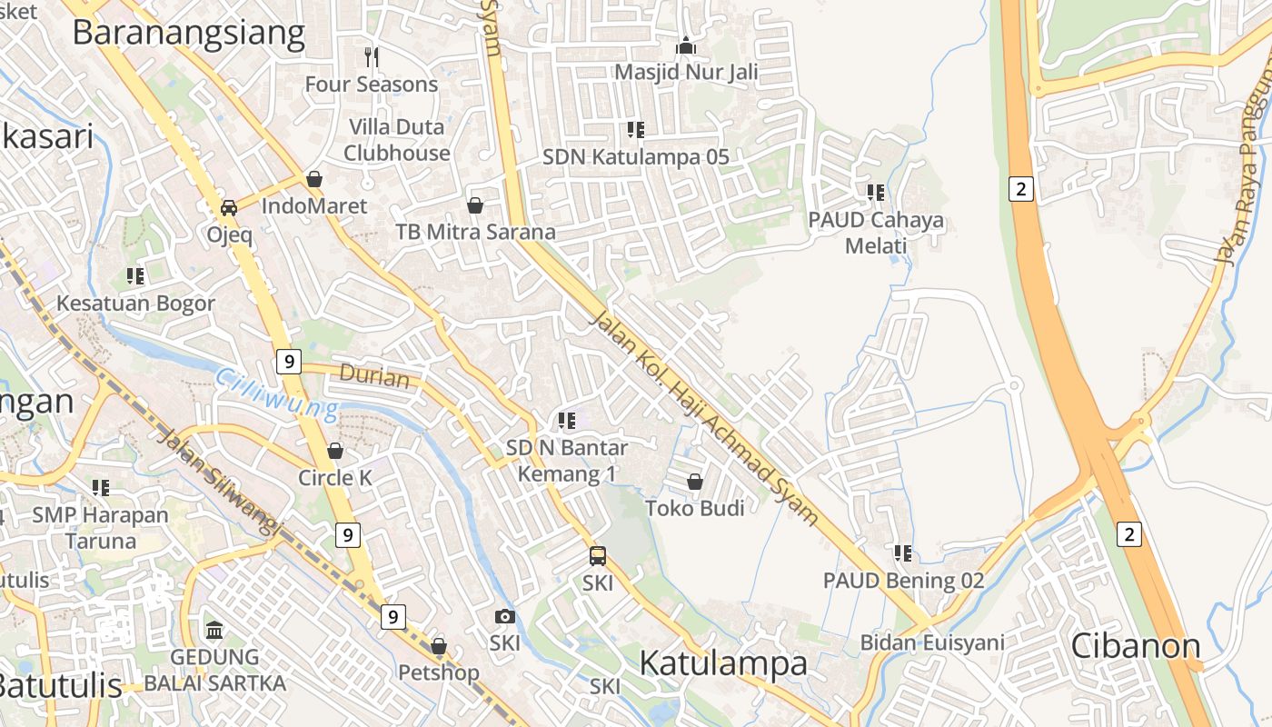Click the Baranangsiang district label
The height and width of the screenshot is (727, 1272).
click(188, 33)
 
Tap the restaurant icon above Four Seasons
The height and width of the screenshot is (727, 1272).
click(371, 57)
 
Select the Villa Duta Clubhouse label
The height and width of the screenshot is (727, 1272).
click(397, 140)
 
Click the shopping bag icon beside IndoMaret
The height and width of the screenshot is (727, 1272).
click(314, 179)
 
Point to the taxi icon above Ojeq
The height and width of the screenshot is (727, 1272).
click(229, 207)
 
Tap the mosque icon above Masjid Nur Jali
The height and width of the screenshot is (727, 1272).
click(686, 45)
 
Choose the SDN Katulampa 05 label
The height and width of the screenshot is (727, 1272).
click(636, 156)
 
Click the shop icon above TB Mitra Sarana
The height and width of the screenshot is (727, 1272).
click(474, 205)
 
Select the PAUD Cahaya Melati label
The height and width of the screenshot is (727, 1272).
click(876, 233)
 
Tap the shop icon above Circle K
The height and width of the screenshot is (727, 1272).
click(335, 451)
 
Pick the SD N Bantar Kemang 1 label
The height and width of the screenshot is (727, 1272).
click(567, 461)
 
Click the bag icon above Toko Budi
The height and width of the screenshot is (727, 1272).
click(695, 482)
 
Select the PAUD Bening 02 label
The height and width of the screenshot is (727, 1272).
click(903, 580)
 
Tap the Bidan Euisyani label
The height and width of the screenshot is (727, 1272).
click(932, 643)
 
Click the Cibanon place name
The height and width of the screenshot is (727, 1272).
click(1136, 645)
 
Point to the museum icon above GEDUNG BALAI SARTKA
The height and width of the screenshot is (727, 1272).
click(214, 630)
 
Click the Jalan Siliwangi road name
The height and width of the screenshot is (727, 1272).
click(219, 478)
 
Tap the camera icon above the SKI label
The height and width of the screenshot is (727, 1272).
click(505, 617)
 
